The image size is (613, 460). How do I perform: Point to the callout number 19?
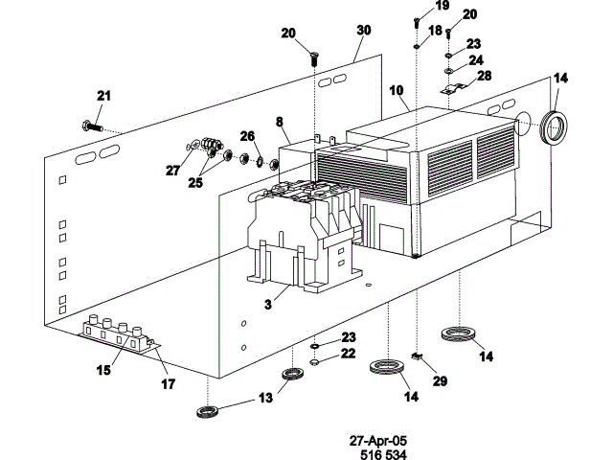(x=442, y=6)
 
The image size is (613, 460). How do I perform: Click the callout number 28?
(x=485, y=76)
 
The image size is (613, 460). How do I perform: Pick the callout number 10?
(x=397, y=90)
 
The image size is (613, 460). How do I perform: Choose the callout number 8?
(x=280, y=123)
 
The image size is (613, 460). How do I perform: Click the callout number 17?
(x=168, y=383)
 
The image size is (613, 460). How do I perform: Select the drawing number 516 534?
(x=377, y=454)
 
